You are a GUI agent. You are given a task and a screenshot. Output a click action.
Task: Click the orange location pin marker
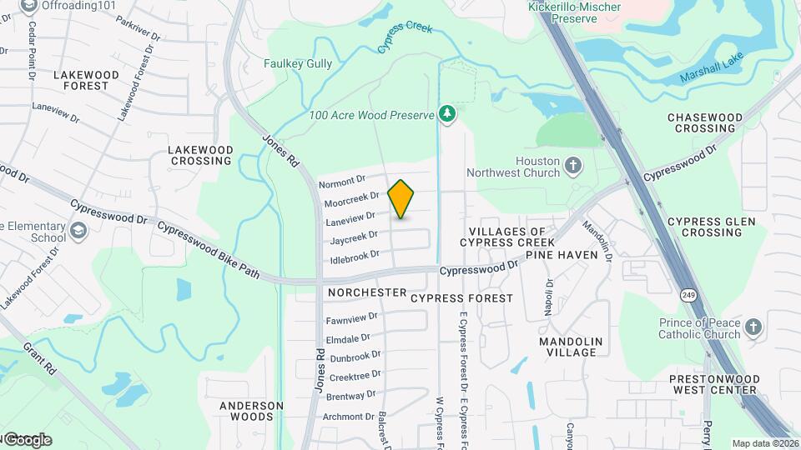tap(401, 199)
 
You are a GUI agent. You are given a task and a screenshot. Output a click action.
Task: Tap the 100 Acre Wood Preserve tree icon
tap(448, 113)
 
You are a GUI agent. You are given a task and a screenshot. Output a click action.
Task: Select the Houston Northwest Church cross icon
tap(572, 165)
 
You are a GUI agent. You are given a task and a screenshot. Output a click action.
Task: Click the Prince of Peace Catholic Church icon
tap(753, 327)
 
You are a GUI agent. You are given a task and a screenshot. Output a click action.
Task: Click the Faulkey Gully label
tap(298, 63)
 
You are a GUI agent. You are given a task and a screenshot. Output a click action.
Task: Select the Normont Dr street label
tap(342, 180)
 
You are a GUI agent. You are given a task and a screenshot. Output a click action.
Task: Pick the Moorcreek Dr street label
tap(351, 201)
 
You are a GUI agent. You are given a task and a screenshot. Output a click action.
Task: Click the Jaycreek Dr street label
tap(355, 238)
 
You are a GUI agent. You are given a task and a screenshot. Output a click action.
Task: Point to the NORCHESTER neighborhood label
tap(367, 293)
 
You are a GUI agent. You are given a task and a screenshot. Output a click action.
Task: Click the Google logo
tap(27, 439)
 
